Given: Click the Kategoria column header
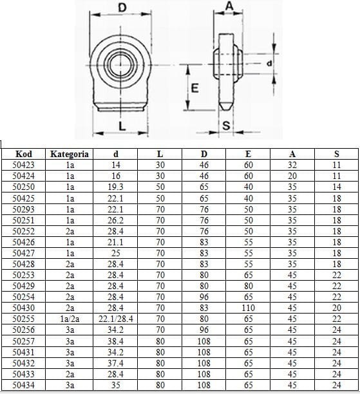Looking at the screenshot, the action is coord(70,154).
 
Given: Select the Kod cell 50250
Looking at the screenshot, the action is coord(23,187).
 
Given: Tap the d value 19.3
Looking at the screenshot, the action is coord(115,187).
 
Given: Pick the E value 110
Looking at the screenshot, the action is coord(248,308).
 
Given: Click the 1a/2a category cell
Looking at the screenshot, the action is coord(70,319).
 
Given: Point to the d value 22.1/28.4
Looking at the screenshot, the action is coord(115,319).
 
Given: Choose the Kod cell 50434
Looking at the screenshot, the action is coord(23,385).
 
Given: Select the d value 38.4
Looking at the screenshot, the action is coord(115,341).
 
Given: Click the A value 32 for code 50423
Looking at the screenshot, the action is coord(292,165).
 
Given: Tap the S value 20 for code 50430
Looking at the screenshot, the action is coord(336,308).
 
